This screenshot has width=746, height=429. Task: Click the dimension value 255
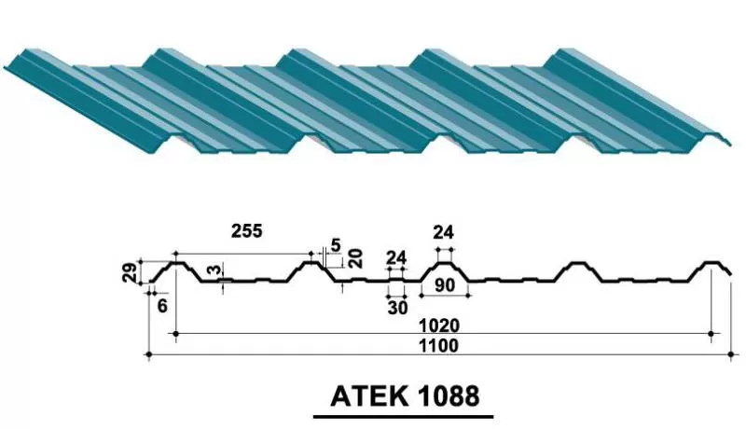coord(246,230)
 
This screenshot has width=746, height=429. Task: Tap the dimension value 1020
coord(439,325)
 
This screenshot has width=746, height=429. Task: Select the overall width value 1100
coord(438,346)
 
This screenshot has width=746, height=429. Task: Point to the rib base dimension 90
coord(445,284)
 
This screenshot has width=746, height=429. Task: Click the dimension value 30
coord(398,308)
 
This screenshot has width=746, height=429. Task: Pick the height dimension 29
coord(131,272)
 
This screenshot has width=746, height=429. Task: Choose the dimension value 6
coord(162,306)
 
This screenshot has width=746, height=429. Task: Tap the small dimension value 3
coord(215,270)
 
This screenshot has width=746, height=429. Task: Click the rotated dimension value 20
coord(356,258)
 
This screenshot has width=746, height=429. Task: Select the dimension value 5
coord(336,245)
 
